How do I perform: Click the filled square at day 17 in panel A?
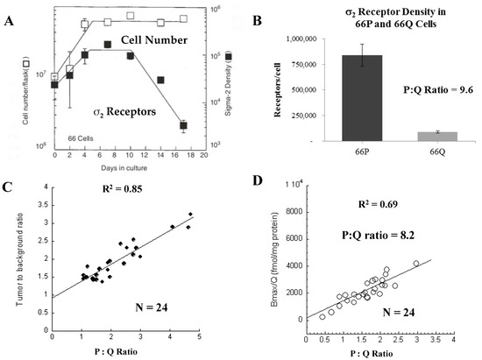pyautogui.click(x=183, y=126)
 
